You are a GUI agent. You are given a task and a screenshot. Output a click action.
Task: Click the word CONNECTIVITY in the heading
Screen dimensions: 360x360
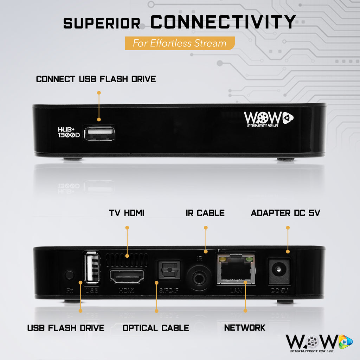223,22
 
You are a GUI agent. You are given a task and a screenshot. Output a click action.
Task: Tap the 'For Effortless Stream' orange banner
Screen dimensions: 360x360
180,43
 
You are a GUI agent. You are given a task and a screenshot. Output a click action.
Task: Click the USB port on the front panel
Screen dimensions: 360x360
99,133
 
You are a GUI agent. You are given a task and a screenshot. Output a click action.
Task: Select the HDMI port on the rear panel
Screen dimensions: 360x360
127,276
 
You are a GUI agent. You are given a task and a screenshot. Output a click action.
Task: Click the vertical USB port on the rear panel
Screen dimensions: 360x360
90,268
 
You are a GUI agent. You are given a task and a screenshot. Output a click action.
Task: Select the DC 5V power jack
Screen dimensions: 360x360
279,271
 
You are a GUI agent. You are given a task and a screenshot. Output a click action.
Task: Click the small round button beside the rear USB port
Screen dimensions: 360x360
70,275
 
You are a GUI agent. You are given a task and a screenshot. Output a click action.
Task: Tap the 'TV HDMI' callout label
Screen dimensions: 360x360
127,213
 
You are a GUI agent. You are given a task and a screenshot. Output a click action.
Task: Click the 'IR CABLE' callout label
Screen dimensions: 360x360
205,213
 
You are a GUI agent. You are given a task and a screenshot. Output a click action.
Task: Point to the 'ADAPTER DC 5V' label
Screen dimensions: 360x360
285,213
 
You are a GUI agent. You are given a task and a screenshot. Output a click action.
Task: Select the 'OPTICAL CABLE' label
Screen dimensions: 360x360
156,328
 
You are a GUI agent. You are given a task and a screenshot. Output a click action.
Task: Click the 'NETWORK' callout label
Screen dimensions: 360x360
245,328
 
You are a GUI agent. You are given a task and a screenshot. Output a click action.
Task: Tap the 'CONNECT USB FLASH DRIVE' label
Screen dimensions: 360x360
96,79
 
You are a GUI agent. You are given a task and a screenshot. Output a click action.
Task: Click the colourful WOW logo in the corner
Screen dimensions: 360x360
319,342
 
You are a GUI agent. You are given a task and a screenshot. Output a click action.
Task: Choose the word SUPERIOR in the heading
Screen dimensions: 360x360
102,24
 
